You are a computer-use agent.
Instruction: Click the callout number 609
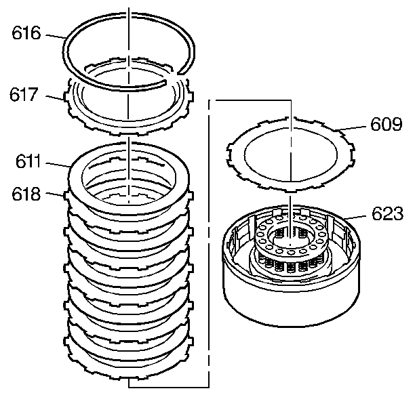pos(387,125)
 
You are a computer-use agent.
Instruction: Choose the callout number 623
pos(387,215)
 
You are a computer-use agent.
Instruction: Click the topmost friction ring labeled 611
pos(81,176)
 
